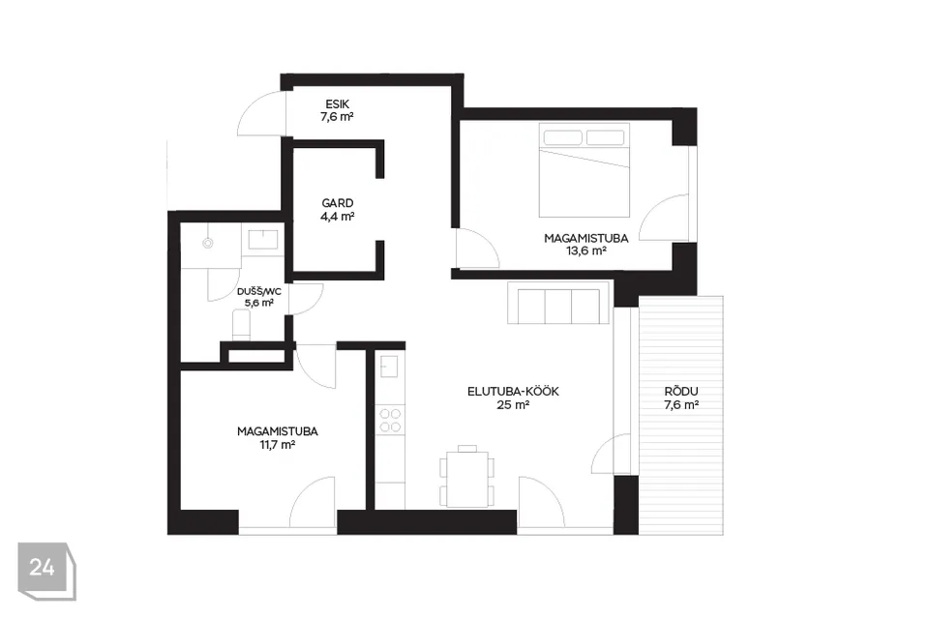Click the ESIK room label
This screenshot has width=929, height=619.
(337, 104)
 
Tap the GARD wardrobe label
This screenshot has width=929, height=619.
(338, 203)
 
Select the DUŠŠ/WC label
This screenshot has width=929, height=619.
(259, 292)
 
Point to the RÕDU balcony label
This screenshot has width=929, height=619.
(681, 391)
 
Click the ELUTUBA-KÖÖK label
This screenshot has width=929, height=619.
(513, 392)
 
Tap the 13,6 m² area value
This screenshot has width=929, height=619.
(586, 251)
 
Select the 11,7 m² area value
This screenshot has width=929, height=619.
(278, 444)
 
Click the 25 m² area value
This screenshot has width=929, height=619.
(513, 405)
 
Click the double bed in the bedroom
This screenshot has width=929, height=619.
(584, 170)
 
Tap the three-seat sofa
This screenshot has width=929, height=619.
(558, 303)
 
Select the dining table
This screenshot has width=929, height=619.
(467, 479)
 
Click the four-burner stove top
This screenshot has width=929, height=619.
(390, 420)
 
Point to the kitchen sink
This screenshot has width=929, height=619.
(389, 366)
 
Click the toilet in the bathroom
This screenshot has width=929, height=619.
(241, 326)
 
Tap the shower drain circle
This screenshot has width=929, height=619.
(207, 243)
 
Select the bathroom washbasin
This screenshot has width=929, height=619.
(262, 239)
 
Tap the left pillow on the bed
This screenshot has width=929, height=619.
(562, 137)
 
